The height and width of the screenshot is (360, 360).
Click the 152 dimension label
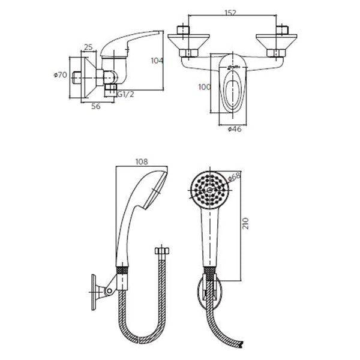pyautogui.click(x=230, y=13)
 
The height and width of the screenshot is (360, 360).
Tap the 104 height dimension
pyautogui.click(x=157, y=61)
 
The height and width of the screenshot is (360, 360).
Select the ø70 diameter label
pyautogui.click(x=61, y=75)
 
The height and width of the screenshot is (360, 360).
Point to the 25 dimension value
pyautogui.click(x=88, y=47)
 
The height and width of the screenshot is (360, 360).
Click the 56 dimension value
pyautogui.click(x=96, y=106)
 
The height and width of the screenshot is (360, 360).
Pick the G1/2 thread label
pyautogui.click(x=125, y=94)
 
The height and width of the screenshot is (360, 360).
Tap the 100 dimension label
pyautogui.click(x=205, y=87)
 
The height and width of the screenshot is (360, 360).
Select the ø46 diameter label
pyautogui.click(x=235, y=129)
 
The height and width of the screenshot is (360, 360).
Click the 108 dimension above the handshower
pyautogui.click(x=142, y=162)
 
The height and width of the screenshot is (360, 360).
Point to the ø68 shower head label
pyautogui.click(x=234, y=177)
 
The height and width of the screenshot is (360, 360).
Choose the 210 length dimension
pyautogui.click(x=245, y=223)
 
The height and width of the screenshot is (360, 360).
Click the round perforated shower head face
pyautogui.click(x=210, y=190)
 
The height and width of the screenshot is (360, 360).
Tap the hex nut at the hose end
pyautogui.click(x=162, y=250)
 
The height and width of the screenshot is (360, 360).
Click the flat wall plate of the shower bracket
pyautogui.click(x=94, y=292)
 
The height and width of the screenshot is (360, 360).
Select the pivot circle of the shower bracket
pyautogui.click(x=110, y=291)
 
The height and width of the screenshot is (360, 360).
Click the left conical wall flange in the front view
pyautogui.click(x=188, y=42)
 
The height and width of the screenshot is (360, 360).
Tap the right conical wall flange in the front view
pyautogui.click(x=277, y=42)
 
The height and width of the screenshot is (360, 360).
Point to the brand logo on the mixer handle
pyautogui.click(x=233, y=67)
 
